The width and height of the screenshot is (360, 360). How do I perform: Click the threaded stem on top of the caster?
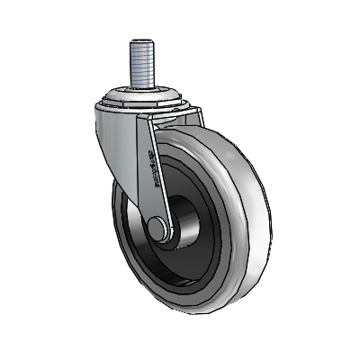pos(143,63)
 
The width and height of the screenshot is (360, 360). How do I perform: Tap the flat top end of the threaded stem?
pos(143,40)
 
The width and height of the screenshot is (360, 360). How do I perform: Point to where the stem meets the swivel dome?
pos(143,86)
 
